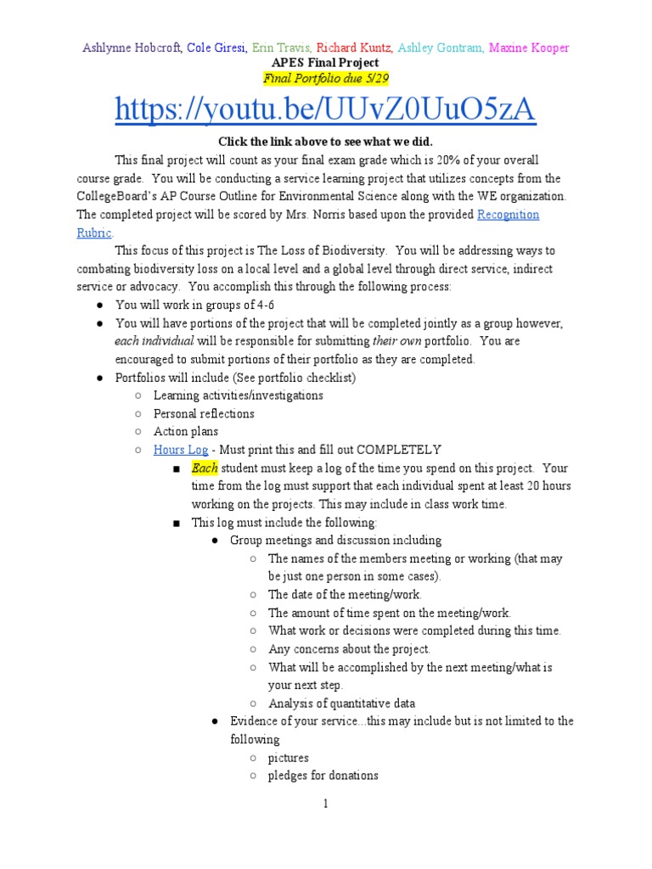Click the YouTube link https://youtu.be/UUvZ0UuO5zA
coord(325,110)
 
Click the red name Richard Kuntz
coord(355,48)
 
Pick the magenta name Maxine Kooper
coord(528,48)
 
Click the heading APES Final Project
coord(325,64)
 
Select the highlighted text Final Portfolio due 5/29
coord(325,79)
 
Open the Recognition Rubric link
coord(508,215)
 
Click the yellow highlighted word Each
coord(205,468)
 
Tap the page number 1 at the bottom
coord(325,805)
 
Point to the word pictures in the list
coord(289,757)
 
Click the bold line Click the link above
coord(325,141)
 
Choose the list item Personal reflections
coord(204,413)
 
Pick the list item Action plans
coord(186,431)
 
